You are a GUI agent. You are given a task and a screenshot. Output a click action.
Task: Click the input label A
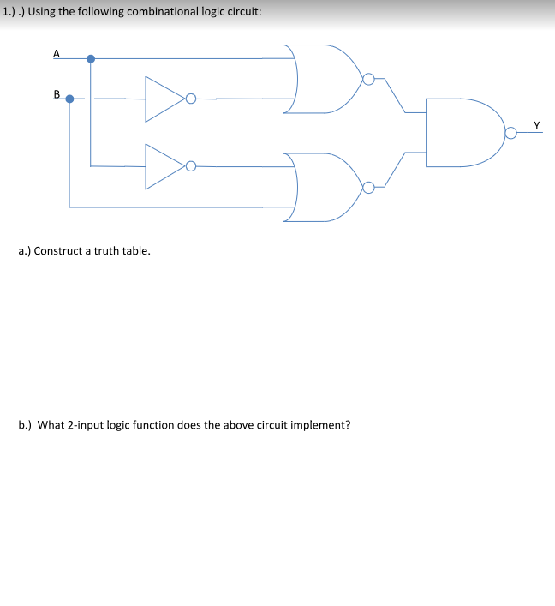[x=57, y=53]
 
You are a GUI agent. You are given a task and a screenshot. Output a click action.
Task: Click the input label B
[x=57, y=94]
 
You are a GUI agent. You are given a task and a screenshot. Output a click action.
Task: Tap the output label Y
[x=536, y=125]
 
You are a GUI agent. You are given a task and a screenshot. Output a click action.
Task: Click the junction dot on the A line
[x=91, y=59]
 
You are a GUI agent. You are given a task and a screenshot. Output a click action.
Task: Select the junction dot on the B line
[x=69, y=99]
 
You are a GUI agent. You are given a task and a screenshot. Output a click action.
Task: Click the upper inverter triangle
[x=146, y=99]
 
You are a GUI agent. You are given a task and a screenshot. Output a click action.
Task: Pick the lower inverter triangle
[x=146, y=166]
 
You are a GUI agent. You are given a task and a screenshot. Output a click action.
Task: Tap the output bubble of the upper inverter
[x=191, y=99]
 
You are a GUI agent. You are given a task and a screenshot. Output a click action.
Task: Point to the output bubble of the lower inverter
[x=191, y=166]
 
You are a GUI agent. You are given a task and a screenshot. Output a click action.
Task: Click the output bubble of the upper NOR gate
[x=369, y=79]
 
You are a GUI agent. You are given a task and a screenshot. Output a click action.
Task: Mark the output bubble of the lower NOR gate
[x=369, y=188]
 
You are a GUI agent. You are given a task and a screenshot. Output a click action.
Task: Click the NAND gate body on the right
[x=427, y=133]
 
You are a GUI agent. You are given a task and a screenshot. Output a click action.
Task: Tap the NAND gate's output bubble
[x=511, y=133]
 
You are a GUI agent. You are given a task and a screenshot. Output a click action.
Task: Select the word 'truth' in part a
[x=106, y=251]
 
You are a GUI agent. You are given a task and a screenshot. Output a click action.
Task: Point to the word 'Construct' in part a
[x=58, y=251]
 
